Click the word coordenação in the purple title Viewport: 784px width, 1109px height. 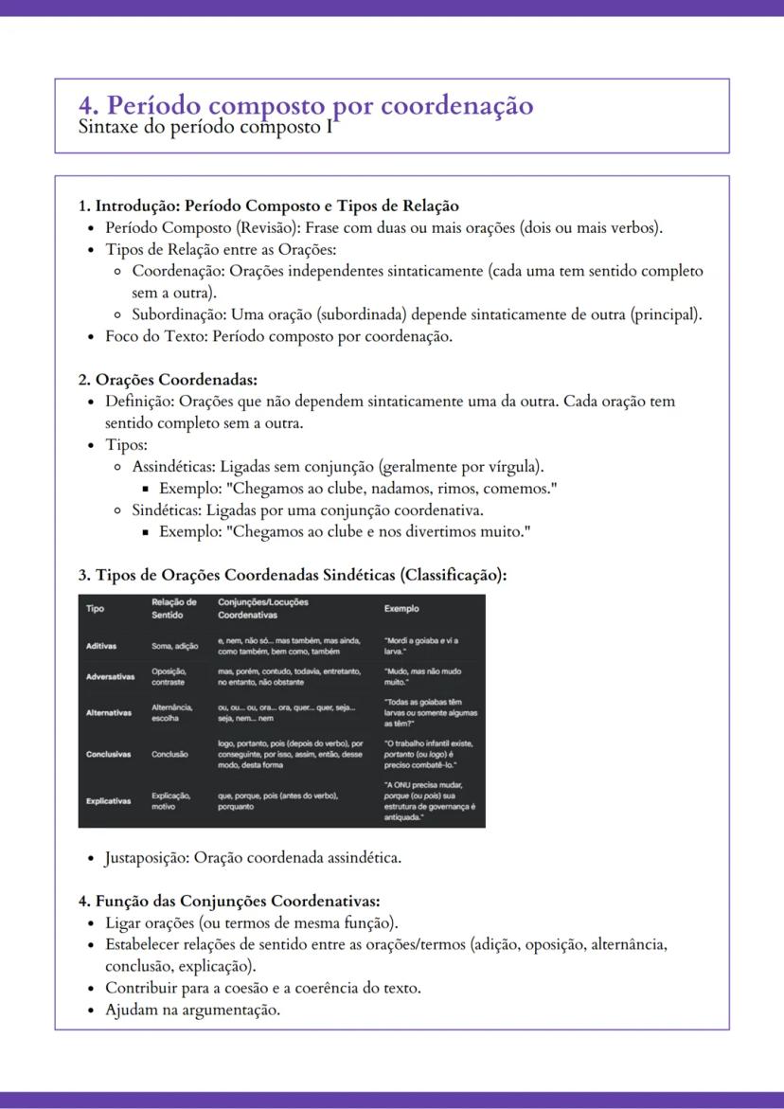point(456,105)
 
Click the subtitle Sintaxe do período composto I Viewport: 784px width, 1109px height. point(207,127)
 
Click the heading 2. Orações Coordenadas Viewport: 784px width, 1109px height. point(168,380)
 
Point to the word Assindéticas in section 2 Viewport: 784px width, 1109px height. point(173,467)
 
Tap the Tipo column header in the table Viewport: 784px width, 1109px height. point(96,608)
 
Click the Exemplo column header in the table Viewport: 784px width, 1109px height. point(401,608)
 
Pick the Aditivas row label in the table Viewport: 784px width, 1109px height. point(101,646)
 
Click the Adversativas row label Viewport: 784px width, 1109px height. point(110,677)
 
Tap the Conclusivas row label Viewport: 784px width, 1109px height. point(108,755)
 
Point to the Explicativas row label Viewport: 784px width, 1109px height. point(109,801)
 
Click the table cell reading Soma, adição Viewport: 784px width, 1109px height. point(174,646)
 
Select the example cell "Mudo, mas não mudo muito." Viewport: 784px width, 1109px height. point(422,676)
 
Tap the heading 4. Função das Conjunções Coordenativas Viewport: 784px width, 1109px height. point(229,901)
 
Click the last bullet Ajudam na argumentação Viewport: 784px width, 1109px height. point(192,1010)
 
